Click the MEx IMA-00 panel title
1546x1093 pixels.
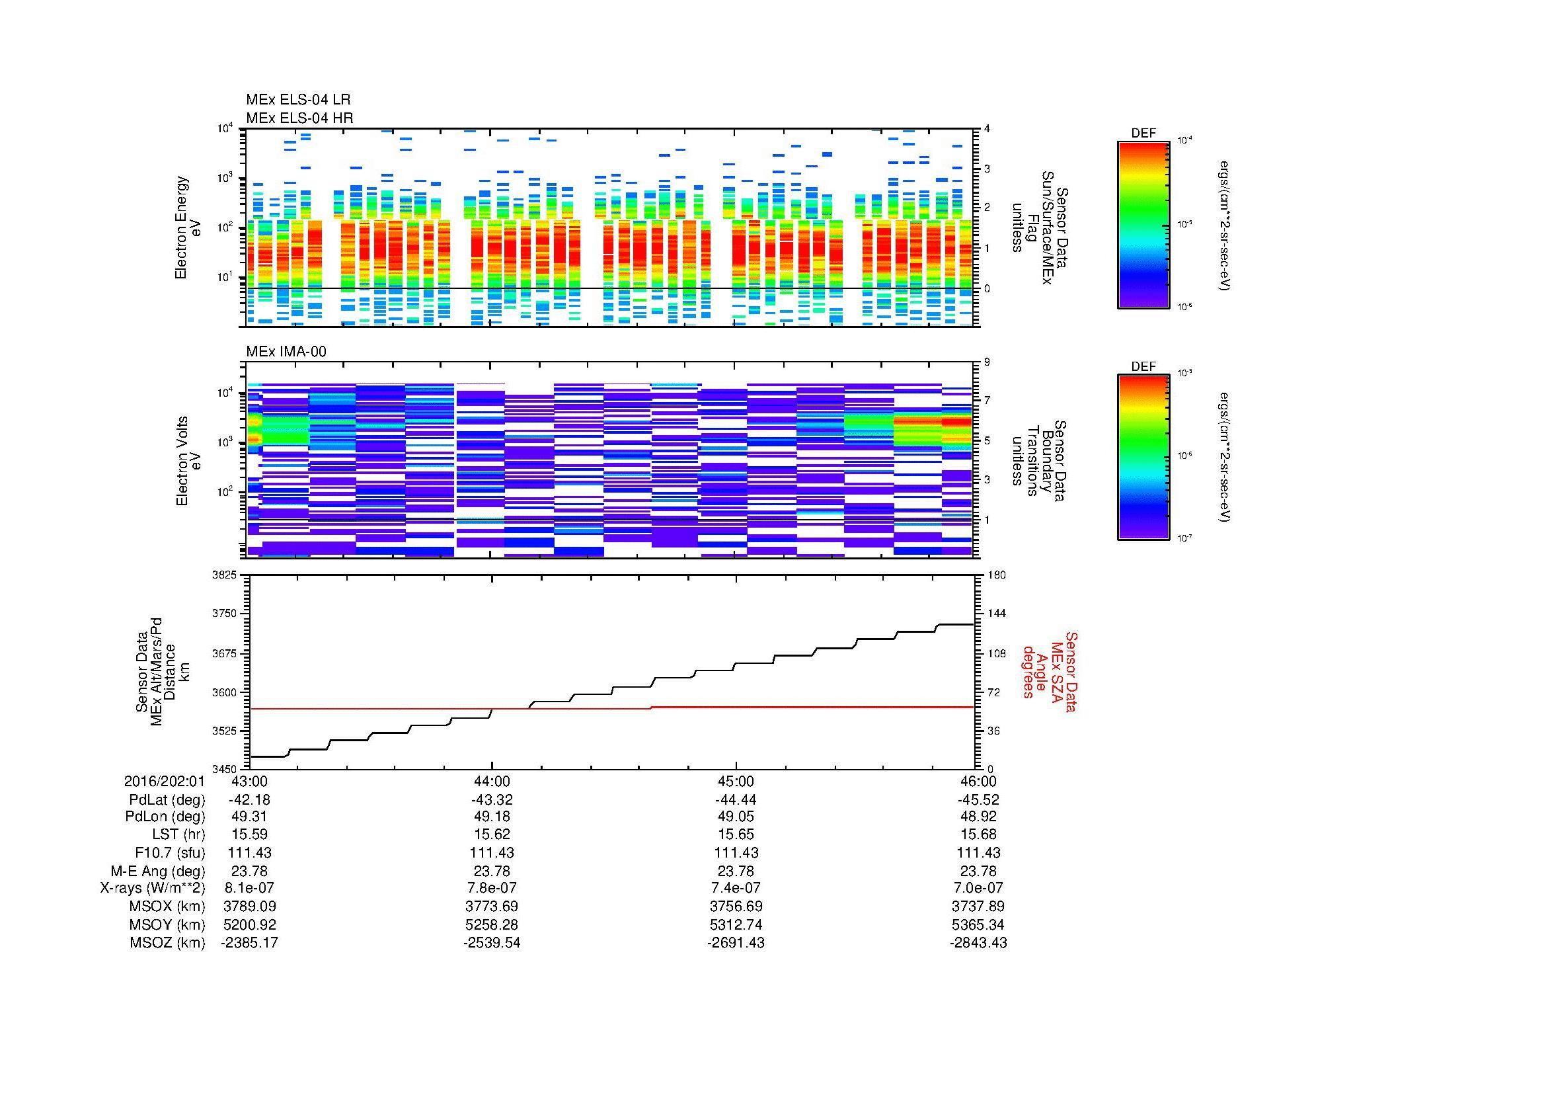tap(286, 352)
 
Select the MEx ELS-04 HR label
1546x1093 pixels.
tap(299, 118)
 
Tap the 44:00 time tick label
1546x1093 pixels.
tap(492, 782)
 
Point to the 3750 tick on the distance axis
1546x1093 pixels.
tap(224, 614)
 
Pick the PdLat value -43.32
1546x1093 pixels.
tap(492, 800)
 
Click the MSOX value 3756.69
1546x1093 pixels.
tap(736, 907)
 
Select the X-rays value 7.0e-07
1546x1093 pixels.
tap(978, 888)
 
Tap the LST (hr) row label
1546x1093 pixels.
tap(178, 835)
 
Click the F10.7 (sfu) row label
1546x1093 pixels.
tap(170, 853)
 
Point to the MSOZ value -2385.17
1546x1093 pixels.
tap(249, 943)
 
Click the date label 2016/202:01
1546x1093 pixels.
tap(165, 782)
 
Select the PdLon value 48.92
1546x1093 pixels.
tap(978, 817)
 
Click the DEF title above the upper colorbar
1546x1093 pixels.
tap(1143, 134)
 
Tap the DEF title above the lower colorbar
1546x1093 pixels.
tap(1143, 367)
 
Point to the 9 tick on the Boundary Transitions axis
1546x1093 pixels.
tap(987, 362)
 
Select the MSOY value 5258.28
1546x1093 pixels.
tap(492, 924)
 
